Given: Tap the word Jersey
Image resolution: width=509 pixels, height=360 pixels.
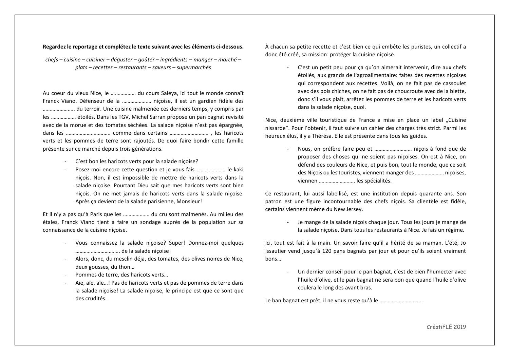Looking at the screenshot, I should pos(354,209).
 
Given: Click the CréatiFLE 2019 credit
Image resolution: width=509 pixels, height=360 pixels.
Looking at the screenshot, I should pos(446,326).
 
